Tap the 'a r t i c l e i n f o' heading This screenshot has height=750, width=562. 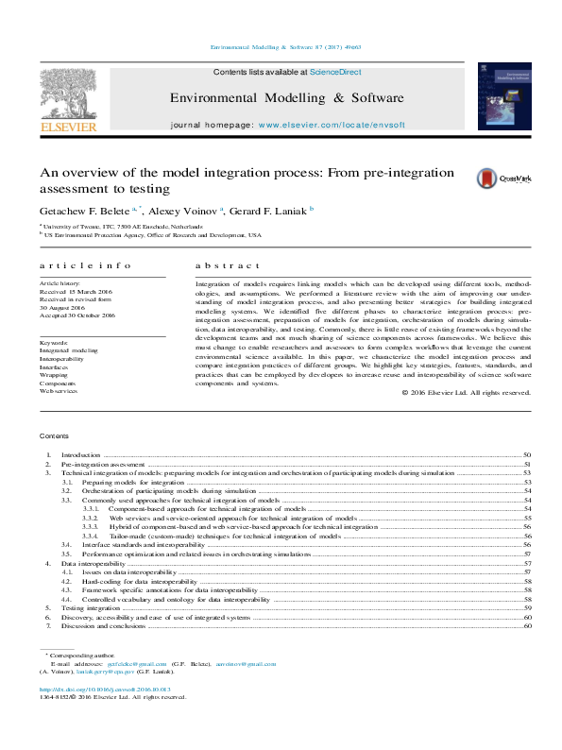pyautogui.click(x=78, y=267)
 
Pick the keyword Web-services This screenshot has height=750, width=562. pyautogui.click(x=59, y=390)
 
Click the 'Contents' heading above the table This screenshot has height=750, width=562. pyautogui.click(x=55, y=435)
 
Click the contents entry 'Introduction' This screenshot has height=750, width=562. pyautogui.click(x=80, y=454)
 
